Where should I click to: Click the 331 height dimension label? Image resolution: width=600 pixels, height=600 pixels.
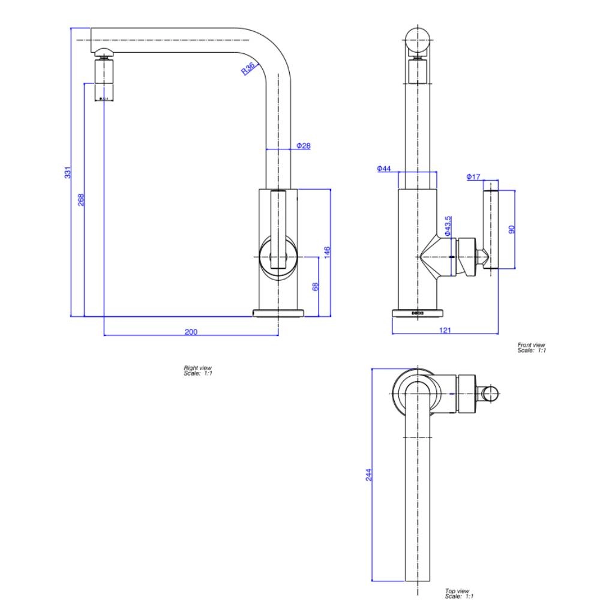pos(68,172)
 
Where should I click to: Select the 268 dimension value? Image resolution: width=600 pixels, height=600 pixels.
pos(81,199)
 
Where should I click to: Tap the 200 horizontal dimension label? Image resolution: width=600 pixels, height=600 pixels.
pos(191,332)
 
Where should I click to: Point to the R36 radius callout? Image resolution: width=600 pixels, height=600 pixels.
pos(248,69)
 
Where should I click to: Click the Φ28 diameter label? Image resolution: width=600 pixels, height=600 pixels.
pos(304,146)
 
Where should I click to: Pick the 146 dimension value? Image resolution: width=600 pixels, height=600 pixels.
pos(328,252)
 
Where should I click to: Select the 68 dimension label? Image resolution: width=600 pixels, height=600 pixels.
pos(316,286)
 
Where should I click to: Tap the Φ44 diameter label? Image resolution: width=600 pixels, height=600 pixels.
pos(384,169)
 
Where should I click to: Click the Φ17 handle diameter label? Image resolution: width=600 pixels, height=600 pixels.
pos(473,176)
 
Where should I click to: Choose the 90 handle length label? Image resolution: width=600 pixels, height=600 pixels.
pos(512,230)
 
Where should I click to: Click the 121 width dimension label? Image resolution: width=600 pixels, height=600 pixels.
pos(445,330)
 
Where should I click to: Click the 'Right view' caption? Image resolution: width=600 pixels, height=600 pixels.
pos(197,371)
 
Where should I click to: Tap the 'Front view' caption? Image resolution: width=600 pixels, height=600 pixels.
pos(532,347)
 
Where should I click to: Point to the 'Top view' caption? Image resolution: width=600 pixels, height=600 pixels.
pos(459,593)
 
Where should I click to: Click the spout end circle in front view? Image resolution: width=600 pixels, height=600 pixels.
pos(418,40)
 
